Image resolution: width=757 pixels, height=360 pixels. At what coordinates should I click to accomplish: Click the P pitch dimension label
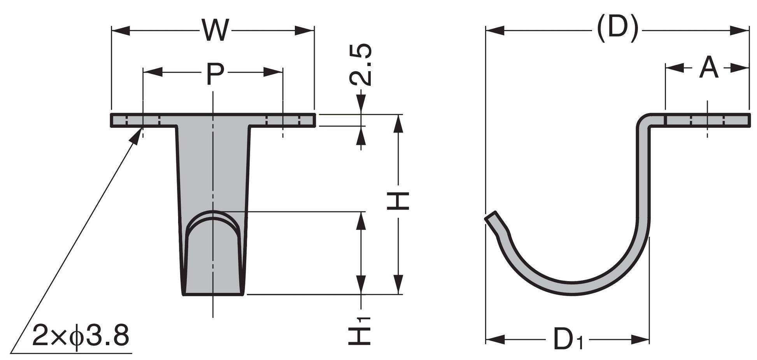pos(215,75)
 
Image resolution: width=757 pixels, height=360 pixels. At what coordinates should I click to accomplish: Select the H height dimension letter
pos(398,201)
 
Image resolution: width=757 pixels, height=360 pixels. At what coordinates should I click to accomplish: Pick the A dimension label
pos(709,68)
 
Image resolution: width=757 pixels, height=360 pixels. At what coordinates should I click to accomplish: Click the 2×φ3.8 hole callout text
pos(81,336)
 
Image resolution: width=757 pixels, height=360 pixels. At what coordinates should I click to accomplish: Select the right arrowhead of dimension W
pos(305,30)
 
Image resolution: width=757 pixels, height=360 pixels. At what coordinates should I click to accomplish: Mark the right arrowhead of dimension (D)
pos(740,30)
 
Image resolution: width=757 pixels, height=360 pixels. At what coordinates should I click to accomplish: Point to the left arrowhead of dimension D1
pos(495,339)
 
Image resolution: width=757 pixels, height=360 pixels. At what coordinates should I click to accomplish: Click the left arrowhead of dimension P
pos(152,72)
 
